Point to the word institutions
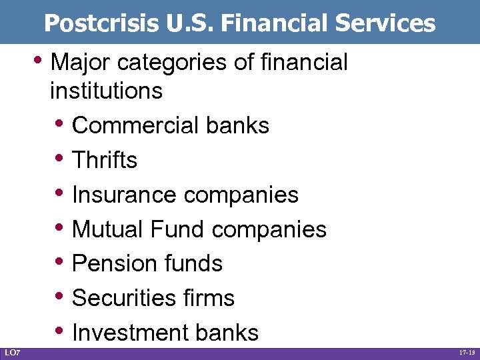click(x=106, y=91)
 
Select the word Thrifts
click(x=105, y=160)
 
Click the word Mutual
click(x=107, y=229)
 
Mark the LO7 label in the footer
click(x=12, y=352)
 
